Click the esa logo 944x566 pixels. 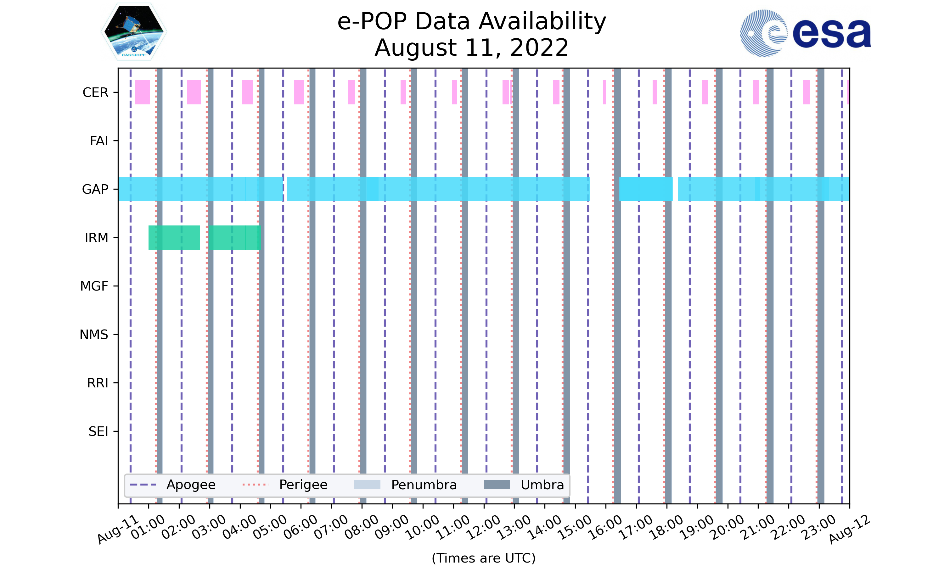[805, 33]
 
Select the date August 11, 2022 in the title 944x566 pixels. [472, 48]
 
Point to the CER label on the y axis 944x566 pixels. [95, 93]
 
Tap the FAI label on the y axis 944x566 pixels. [99, 141]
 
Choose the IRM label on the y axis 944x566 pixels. [96, 238]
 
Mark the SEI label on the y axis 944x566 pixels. [98, 432]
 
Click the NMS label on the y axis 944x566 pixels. [93, 335]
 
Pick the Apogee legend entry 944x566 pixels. [173, 485]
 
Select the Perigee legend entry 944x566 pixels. [285, 485]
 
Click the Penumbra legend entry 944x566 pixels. [405, 485]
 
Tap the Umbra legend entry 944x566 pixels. [524, 485]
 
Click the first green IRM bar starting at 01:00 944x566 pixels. [174, 238]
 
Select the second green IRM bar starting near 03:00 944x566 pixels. [235, 238]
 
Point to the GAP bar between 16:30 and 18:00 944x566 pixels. [646, 189]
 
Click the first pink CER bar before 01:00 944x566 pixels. [142, 92]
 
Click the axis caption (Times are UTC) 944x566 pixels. [483, 558]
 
